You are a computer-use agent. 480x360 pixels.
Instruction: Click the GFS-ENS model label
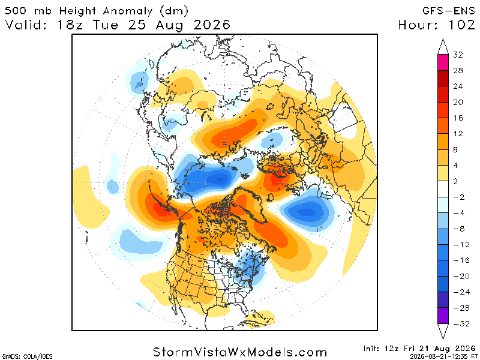point(448,11)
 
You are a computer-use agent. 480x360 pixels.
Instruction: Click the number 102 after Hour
point(462,25)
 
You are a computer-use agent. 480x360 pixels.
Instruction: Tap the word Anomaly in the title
point(128,11)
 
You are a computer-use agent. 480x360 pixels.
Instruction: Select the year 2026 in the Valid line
point(212,25)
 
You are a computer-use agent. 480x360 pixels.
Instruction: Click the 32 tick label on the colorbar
point(458,55)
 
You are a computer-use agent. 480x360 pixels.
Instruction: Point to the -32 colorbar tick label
point(461,323)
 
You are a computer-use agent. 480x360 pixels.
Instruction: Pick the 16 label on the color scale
point(458,118)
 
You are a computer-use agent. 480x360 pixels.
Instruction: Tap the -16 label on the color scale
point(461,260)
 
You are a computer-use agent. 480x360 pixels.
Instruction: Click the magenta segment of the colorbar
point(443,62)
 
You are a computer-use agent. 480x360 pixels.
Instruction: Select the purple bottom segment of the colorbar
point(443,316)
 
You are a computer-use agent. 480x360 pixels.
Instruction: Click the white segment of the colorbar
point(443,189)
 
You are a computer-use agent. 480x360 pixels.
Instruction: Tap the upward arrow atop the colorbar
point(443,47)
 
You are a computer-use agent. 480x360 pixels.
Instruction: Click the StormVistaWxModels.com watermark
point(240,352)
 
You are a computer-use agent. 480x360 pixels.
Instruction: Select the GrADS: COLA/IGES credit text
point(27,356)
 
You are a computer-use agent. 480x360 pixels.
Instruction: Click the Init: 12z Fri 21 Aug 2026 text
point(419,349)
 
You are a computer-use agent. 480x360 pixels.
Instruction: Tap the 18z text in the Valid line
point(70,25)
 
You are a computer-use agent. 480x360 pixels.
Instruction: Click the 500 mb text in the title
point(28,11)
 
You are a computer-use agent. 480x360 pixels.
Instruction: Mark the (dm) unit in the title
point(173,11)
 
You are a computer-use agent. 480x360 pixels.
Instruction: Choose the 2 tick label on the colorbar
point(455,181)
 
